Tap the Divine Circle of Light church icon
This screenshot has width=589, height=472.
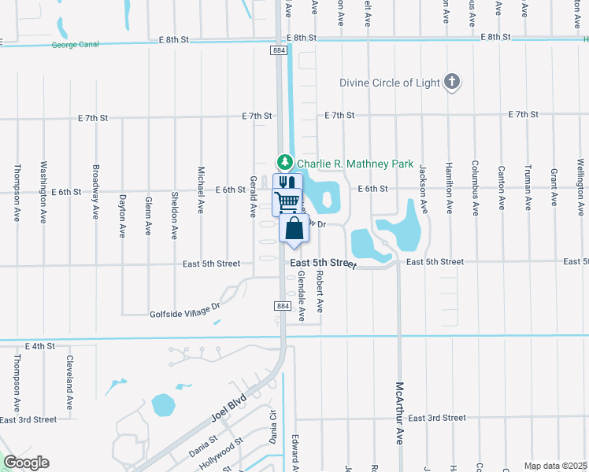(452, 82)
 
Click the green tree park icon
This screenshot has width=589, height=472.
(284, 164)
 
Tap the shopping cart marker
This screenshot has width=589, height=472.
(287, 201)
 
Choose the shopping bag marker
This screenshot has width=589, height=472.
(294, 229)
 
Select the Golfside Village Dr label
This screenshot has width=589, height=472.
(183, 312)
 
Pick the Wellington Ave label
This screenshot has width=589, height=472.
(580, 183)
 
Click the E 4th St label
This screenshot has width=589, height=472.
(39, 346)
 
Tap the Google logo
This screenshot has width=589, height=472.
(26, 463)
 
